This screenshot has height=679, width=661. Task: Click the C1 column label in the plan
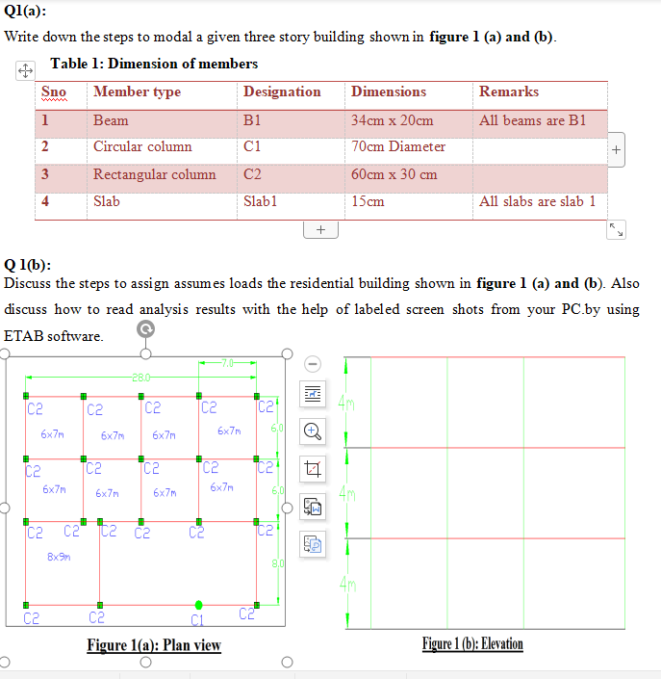[197, 618]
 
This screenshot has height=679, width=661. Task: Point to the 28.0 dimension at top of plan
[141, 378]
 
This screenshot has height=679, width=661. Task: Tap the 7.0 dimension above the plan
[227, 363]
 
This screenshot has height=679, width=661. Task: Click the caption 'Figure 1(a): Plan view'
[153, 644]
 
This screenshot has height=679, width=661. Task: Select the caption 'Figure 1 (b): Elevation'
[472, 643]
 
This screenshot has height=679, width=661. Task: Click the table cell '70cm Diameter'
[398, 146]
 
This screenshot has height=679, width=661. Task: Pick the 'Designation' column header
[282, 91]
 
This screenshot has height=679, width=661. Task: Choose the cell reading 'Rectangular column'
[154, 174]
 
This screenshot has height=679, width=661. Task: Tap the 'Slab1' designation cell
[260, 201]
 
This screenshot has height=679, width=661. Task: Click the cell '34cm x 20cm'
[393, 120]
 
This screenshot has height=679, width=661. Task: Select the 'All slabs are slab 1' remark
[537, 201]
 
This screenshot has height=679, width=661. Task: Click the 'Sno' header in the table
[54, 91]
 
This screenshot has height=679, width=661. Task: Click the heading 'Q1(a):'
[25, 12]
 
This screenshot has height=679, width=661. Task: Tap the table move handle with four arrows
[25, 70]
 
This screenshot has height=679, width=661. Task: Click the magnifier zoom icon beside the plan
[313, 431]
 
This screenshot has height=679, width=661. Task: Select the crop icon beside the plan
[313, 468]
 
